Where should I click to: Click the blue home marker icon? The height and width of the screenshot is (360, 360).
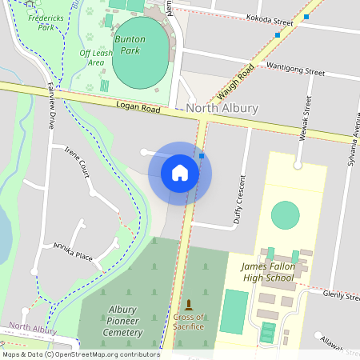[180, 173]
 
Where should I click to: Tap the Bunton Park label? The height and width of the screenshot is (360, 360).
[130, 44]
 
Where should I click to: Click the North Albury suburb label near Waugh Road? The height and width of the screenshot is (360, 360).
[222, 108]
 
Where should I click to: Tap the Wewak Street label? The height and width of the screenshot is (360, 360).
[303, 121]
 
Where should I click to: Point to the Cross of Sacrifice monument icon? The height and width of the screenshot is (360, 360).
[189, 305]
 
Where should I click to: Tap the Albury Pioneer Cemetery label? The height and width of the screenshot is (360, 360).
[123, 320]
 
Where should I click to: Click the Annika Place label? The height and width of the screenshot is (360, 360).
[73, 252]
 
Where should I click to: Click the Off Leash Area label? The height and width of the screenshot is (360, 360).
[96, 57]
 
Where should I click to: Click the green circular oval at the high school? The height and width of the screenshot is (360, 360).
[285, 214]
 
